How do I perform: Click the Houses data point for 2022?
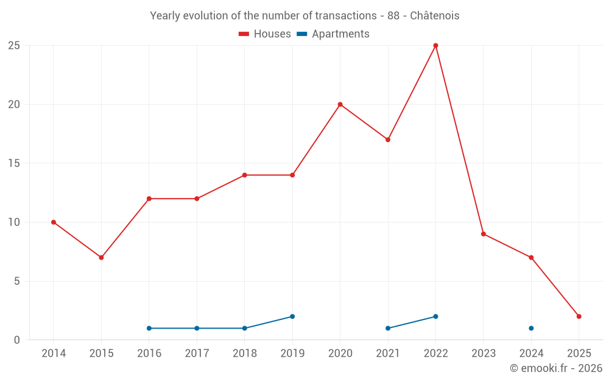click(x=435, y=46)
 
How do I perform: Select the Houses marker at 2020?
click(x=340, y=104)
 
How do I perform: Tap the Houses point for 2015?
click(x=101, y=257)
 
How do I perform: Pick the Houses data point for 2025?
click(x=579, y=316)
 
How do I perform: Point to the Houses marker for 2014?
click(x=54, y=222)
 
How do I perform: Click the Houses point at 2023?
click(x=484, y=234)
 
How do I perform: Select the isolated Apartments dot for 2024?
click(x=531, y=328)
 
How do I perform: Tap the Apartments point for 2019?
click(x=292, y=316)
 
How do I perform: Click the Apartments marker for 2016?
click(x=149, y=328)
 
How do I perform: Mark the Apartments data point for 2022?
click(x=435, y=316)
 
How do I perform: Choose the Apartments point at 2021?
click(x=388, y=328)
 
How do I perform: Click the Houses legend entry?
click(x=265, y=34)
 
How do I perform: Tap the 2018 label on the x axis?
click(x=245, y=354)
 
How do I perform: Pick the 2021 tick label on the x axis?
click(x=388, y=354)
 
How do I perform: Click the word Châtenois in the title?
click(x=434, y=15)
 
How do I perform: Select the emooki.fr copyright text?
click(x=556, y=368)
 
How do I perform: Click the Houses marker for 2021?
click(x=388, y=140)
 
